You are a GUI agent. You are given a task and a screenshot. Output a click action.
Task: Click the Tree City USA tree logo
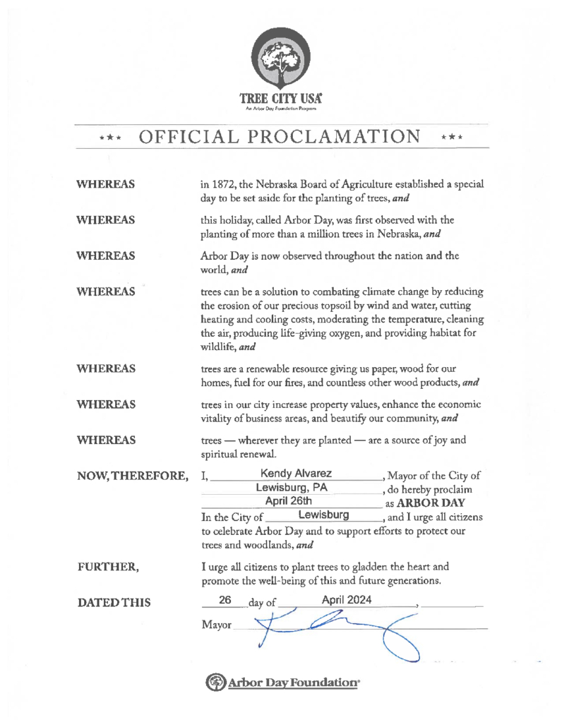[281, 59]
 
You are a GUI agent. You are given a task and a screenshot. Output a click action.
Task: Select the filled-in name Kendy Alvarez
[297, 472]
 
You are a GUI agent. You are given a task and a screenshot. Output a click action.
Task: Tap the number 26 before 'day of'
[226, 600]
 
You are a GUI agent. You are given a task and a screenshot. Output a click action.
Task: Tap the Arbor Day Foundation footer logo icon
[214, 683]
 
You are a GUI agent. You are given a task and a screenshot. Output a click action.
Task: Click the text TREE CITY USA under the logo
[281, 100]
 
